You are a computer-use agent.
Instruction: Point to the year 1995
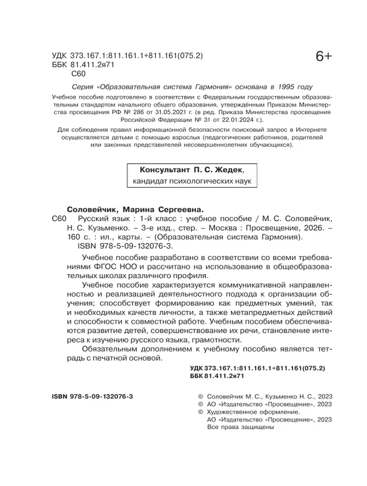pos(283,87)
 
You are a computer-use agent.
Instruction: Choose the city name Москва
pos(223,228)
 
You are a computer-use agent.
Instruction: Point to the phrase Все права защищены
pos(241,427)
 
